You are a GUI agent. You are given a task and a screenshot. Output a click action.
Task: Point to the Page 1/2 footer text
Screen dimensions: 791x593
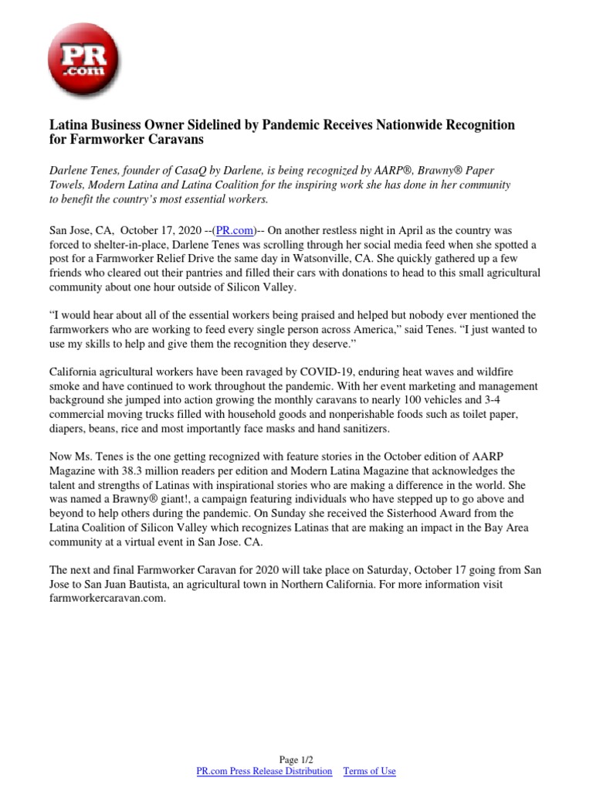(297, 759)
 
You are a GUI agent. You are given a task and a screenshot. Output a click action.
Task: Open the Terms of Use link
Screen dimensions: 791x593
(369, 771)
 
